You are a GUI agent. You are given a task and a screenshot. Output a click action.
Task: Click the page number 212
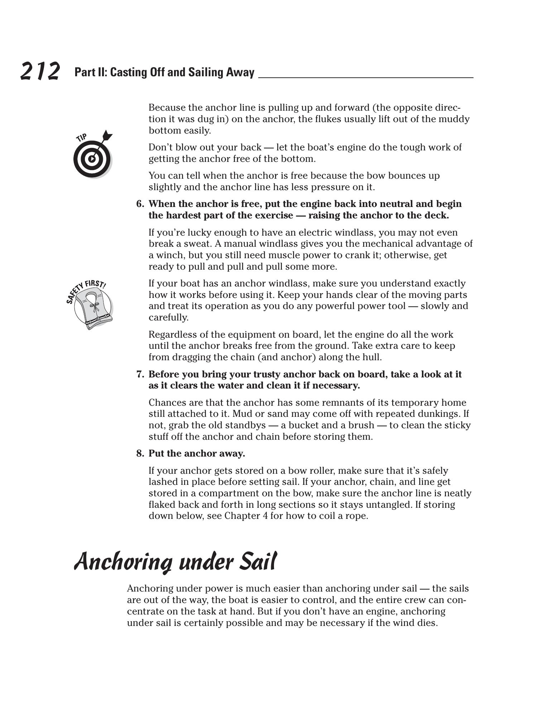click(40, 71)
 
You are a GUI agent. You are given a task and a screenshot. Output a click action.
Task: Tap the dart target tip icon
click(92, 158)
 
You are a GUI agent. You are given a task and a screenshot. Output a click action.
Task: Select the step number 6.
click(140, 204)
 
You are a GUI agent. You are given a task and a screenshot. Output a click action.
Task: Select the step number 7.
click(140, 375)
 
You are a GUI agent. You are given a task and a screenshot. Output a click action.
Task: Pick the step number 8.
click(140, 454)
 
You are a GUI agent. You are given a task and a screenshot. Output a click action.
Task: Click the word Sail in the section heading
click(258, 562)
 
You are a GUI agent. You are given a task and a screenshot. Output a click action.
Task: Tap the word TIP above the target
click(82, 138)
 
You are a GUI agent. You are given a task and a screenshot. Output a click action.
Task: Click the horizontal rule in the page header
click(365, 77)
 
